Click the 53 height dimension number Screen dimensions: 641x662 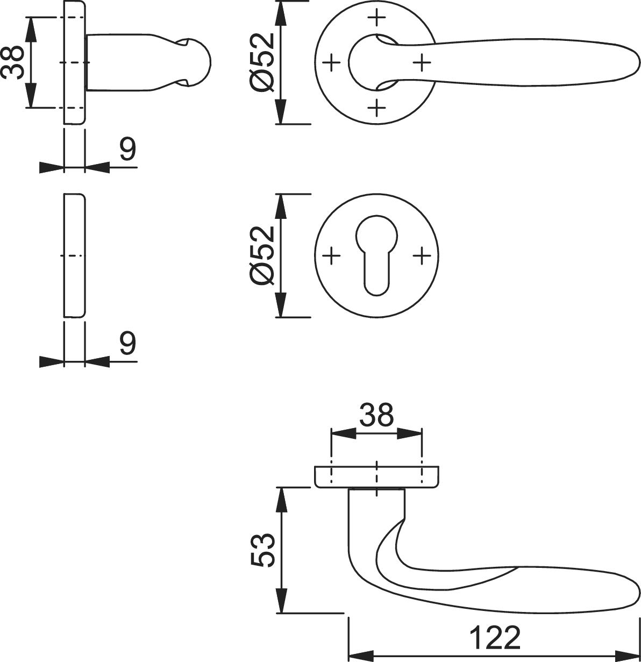[262, 550]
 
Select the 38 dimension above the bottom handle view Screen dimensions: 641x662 [376, 415]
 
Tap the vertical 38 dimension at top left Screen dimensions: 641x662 [12, 62]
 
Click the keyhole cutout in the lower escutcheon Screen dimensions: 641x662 [376, 255]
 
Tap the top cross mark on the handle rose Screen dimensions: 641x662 [376, 17]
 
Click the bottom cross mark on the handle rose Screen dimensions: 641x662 [376, 108]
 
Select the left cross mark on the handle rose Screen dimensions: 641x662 [331, 62]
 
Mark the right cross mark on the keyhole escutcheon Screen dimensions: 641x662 [422, 255]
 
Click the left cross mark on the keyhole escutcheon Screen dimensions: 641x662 [331, 255]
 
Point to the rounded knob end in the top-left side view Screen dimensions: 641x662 [197, 62]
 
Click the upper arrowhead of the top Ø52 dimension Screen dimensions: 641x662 [280, 13]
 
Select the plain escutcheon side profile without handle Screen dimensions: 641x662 [75, 255]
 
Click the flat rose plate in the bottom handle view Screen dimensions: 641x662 [376, 477]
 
